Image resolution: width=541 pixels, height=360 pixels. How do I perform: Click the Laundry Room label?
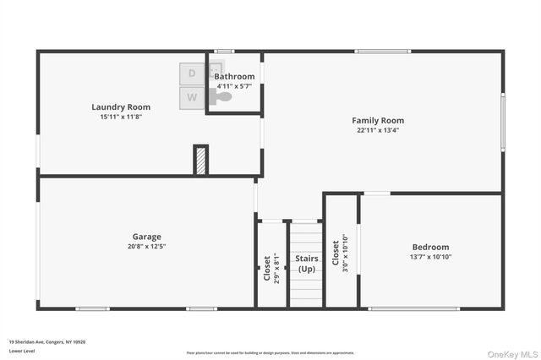click(x=121, y=107)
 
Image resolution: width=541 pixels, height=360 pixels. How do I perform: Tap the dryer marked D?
click(x=192, y=74)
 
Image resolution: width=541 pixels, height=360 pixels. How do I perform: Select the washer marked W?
click(x=192, y=98)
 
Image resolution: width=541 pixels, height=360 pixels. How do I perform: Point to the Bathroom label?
click(x=234, y=76)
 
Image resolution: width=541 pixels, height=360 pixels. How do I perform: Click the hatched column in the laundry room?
click(x=200, y=160)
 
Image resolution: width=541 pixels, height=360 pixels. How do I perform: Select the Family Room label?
click(x=378, y=121)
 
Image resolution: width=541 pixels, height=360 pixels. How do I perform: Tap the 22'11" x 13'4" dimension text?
click(x=378, y=130)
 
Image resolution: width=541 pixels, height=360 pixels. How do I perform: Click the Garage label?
click(x=146, y=237)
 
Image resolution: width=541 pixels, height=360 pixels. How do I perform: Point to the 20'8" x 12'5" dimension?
click(x=146, y=247)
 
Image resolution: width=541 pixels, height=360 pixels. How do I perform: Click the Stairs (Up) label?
click(x=306, y=264)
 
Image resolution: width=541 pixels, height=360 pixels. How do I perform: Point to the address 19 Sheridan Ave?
click(x=47, y=341)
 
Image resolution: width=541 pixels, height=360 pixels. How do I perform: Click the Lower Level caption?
click(x=22, y=350)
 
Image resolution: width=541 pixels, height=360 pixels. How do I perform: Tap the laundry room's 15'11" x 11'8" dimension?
click(x=121, y=117)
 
